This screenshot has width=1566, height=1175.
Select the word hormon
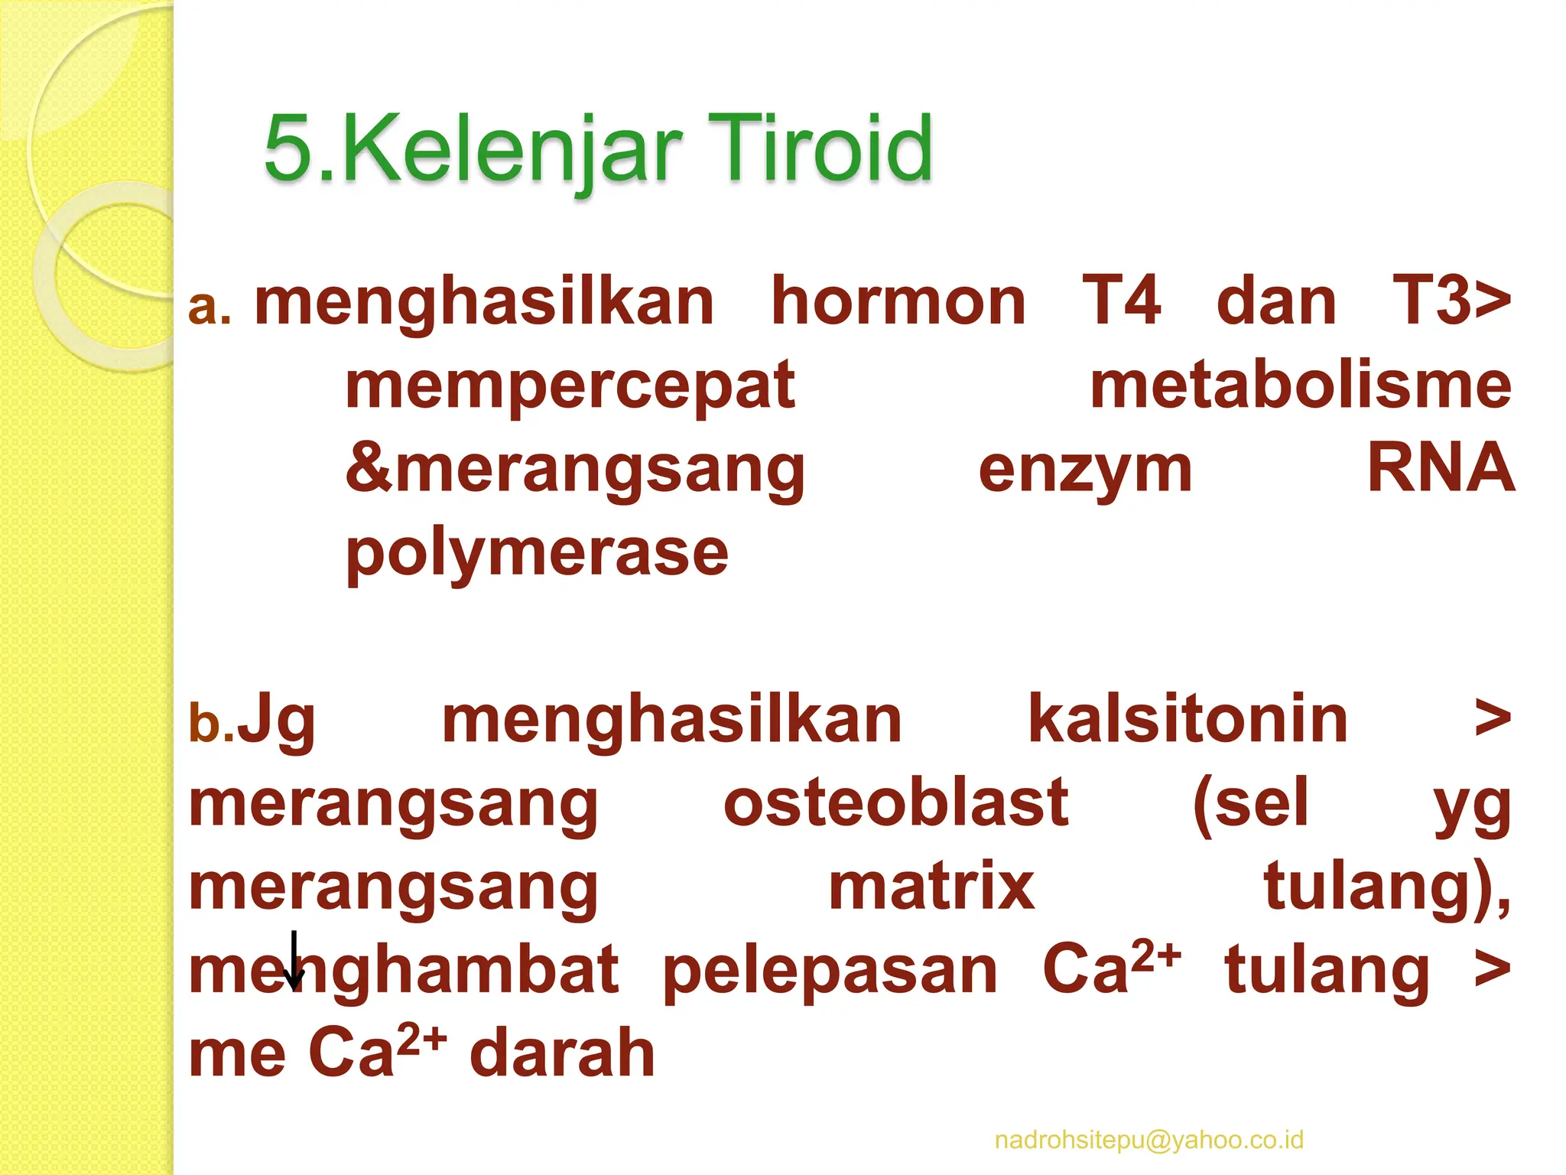(898, 301)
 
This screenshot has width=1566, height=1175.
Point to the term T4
(1121, 301)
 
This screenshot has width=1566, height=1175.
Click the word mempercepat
(570, 387)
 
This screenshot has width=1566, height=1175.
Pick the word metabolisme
(1301, 386)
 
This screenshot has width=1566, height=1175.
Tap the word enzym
(1085, 471)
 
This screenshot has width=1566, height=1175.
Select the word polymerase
(537, 554)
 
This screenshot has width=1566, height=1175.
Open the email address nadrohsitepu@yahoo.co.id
(1149, 1140)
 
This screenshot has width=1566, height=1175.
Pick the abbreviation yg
(1472, 806)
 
